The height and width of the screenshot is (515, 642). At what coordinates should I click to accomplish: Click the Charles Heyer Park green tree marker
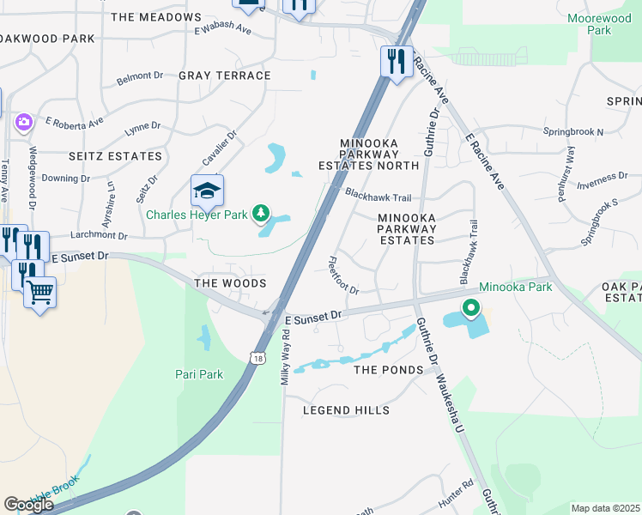[263, 214]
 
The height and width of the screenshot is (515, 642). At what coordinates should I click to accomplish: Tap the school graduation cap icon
[207, 191]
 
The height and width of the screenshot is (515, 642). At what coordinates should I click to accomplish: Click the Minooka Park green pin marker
[470, 308]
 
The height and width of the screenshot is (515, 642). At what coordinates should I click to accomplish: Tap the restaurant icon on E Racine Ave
[396, 62]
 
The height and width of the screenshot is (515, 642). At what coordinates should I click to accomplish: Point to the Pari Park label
[199, 375]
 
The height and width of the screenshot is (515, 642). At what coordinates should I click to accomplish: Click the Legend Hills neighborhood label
[346, 411]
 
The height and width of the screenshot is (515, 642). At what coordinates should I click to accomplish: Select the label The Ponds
[389, 370]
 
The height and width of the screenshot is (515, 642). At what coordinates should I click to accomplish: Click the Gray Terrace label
[225, 76]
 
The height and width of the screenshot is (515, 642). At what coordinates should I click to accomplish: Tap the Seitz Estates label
[115, 156]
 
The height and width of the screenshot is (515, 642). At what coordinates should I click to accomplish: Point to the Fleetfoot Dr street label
[342, 276]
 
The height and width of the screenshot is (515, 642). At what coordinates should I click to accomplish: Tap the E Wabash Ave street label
[222, 30]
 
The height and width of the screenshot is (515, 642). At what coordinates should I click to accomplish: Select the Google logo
[28, 505]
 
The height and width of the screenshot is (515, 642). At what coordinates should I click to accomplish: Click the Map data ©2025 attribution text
[605, 508]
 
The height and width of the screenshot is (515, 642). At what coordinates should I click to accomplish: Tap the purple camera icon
[22, 123]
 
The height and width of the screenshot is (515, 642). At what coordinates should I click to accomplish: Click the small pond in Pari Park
[203, 337]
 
